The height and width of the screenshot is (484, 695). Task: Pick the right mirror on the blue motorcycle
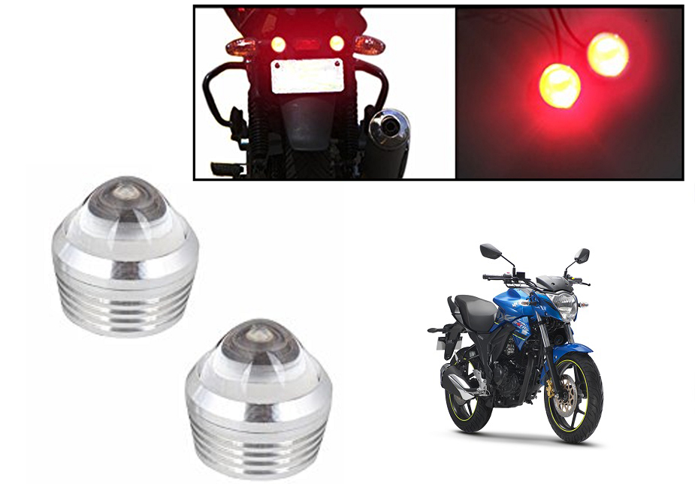click(582, 255)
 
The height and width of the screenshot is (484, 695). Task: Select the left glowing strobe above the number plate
click(278, 44)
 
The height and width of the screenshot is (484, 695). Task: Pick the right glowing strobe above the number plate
click(337, 44)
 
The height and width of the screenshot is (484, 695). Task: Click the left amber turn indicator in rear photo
click(242, 47)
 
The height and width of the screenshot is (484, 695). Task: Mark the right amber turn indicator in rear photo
click(369, 44)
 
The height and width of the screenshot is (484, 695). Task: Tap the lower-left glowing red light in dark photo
click(561, 83)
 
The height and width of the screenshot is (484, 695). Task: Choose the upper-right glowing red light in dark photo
click(609, 54)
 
